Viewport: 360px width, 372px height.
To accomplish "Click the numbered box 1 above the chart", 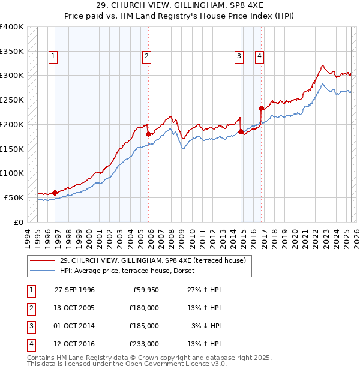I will pyautogui.click(x=53, y=56).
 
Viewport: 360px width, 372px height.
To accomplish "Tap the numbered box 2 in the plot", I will pyautogui.click(x=146, y=56).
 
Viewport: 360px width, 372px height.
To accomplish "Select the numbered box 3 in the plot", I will pyautogui.click(x=239, y=56).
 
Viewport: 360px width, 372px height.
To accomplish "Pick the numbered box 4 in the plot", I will pyautogui.click(x=259, y=56).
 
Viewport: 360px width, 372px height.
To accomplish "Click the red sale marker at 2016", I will pyautogui.click(x=261, y=109).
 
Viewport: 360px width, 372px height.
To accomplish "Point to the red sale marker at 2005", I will pyautogui.click(x=148, y=134).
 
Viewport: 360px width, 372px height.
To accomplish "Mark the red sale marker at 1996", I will pyautogui.click(x=55, y=193).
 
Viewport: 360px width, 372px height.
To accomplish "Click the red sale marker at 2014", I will pyautogui.click(x=241, y=132).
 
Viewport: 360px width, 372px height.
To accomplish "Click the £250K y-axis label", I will pyautogui.click(x=12, y=100).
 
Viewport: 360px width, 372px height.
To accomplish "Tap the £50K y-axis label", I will pyautogui.click(x=14, y=197).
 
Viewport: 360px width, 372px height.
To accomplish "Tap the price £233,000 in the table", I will pyautogui.click(x=144, y=344).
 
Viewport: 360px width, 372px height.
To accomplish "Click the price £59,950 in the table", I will pyautogui.click(x=146, y=289).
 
